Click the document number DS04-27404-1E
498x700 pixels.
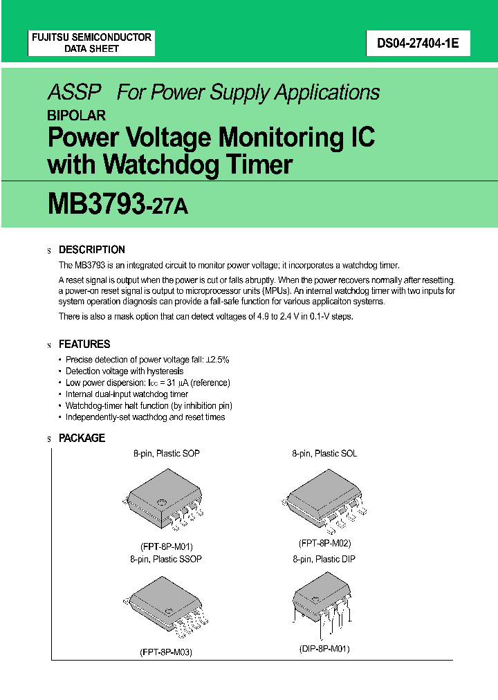click(x=414, y=44)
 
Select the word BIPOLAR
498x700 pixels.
click(x=76, y=116)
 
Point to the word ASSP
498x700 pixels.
click(x=75, y=93)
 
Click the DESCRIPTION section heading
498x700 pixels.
click(x=92, y=250)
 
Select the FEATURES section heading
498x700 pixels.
click(x=84, y=344)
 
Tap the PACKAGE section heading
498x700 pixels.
click(x=82, y=438)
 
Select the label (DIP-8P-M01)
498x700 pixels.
click(x=324, y=649)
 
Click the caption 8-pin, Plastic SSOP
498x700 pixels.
click(x=166, y=558)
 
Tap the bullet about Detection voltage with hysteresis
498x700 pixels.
click(x=114, y=371)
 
